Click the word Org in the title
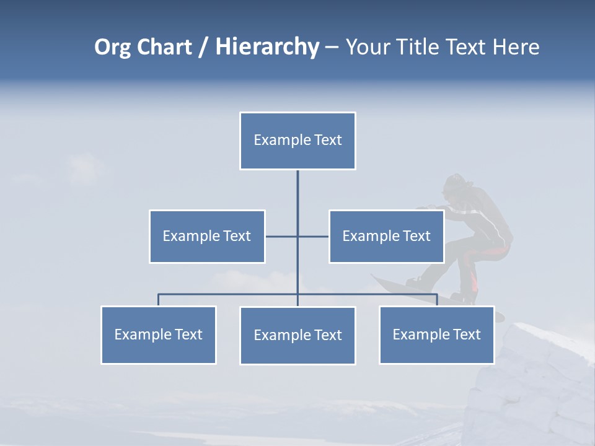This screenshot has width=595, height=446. [112, 48]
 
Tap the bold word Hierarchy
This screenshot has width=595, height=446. [267, 48]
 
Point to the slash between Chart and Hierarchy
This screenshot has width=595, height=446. [203, 48]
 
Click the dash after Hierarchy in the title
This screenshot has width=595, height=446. [332, 48]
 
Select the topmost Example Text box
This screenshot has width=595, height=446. [297, 141]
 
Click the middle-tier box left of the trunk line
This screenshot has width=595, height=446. [207, 236]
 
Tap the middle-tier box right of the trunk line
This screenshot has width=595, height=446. [386, 236]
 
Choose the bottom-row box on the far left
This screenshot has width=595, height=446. [158, 334]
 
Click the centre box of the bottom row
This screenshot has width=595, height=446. [297, 335]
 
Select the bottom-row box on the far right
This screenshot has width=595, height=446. [436, 334]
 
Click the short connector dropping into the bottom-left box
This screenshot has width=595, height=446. [158, 300]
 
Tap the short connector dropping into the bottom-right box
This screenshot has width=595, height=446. [437, 300]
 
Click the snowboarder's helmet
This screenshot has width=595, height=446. [456, 183]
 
